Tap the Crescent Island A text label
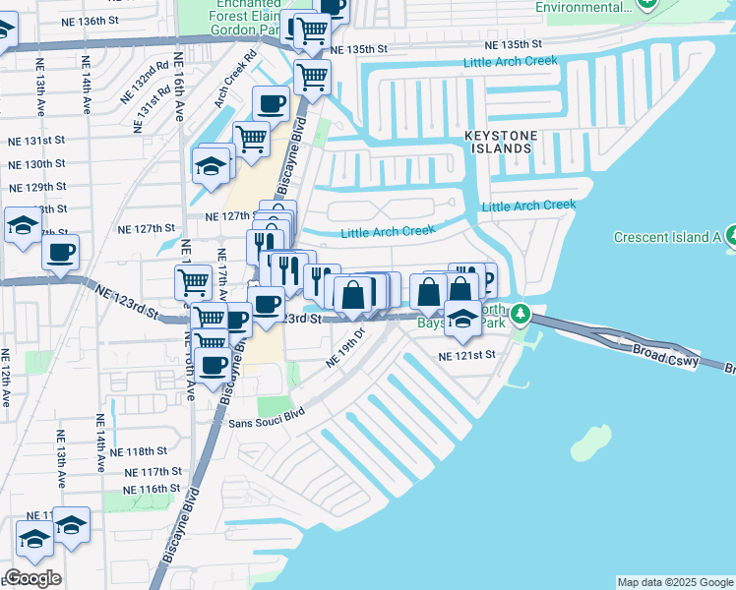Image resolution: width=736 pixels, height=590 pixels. [x=668, y=237]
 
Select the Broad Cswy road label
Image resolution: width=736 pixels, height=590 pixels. [x=665, y=356]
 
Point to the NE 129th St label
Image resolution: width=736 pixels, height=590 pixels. [x=36, y=187]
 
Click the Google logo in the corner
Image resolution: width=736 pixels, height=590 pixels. [x=32, y=578]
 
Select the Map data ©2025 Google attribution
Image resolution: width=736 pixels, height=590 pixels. [x=675, y=582]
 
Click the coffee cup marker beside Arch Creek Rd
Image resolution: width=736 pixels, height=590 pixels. [x=271, y=103]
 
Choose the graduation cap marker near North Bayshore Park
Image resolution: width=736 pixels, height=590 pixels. [x=462, y=317]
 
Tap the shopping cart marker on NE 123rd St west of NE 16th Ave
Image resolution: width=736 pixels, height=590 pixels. [x=193, y=282]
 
